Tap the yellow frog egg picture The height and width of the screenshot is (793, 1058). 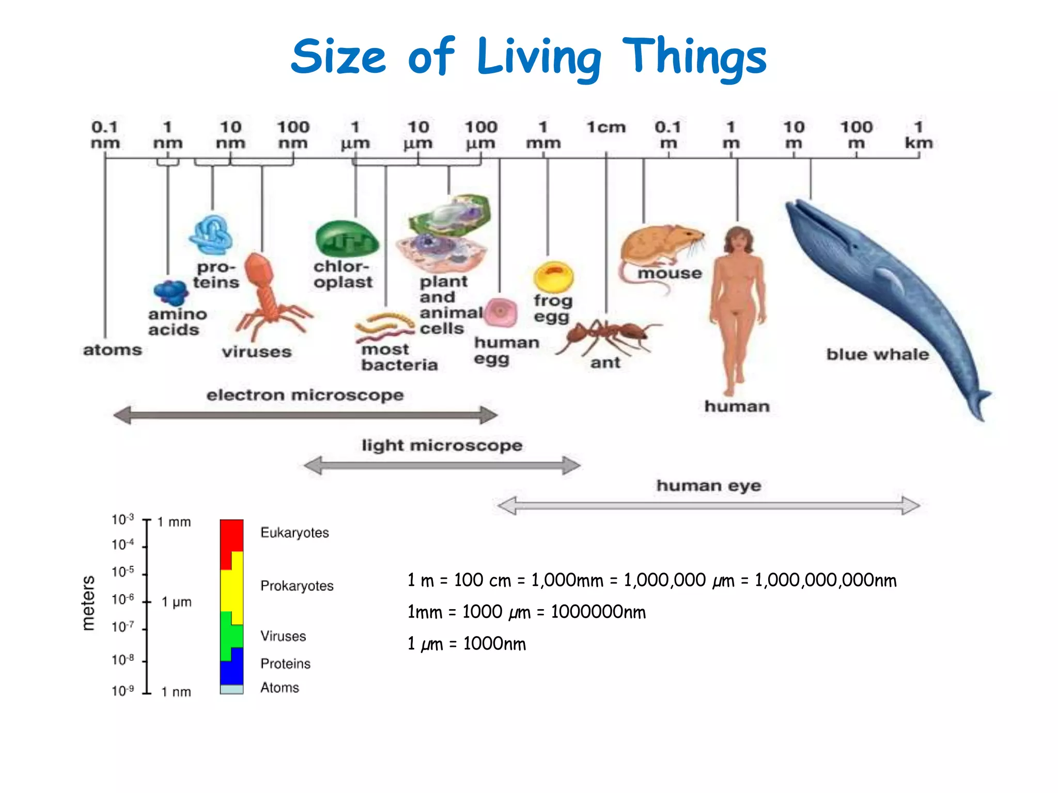click(553, 276)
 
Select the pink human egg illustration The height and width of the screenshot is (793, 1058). click(501, 312)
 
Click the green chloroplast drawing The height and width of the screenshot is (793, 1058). click(347, 239)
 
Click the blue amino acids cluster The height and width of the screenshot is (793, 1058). click(170, 292)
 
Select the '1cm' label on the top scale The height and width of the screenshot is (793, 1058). click(606, 127)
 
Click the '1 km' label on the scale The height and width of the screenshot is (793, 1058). click(919, 135)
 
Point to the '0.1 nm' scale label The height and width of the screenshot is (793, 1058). click(105, 135)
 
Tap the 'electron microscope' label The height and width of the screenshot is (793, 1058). click(305, 395)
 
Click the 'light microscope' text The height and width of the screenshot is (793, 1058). click(442, 445)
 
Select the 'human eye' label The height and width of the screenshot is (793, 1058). click(708, 485)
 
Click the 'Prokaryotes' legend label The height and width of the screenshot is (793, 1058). click(297, 586)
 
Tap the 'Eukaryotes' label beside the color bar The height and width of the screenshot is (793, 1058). click(294, 532)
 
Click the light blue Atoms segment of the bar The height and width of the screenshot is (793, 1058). click(231, 689)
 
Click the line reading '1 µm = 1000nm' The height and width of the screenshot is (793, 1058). click(466, 644)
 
